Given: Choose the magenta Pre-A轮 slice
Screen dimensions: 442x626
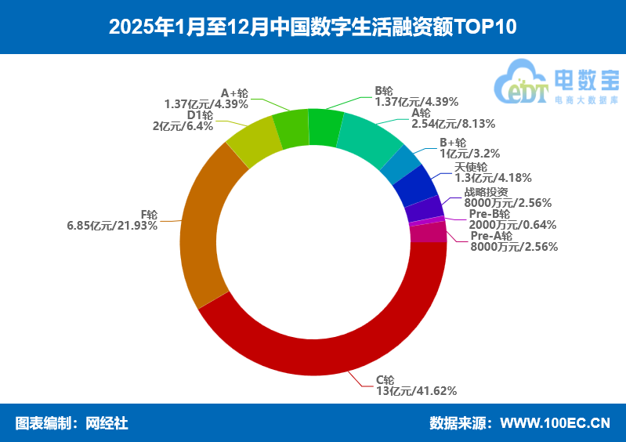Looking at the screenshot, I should [427, 233].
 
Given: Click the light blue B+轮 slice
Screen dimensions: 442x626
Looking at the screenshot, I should [400, 164].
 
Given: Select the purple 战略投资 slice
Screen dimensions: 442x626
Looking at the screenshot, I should [424, 208].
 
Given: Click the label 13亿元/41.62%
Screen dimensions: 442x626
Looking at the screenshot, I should [416, 390].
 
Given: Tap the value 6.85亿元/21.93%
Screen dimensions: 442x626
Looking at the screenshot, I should [112, 226].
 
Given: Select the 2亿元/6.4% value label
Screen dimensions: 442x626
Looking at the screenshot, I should [183, 126].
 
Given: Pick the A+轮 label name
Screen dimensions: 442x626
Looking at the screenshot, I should [234, 92].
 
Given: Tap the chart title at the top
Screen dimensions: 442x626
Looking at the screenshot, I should [313, 27].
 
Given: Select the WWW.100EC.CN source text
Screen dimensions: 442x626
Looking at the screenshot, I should [554, 423].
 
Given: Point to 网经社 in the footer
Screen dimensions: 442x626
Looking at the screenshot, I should [106, 423].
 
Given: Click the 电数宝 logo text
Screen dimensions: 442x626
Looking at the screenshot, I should [586, 79].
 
